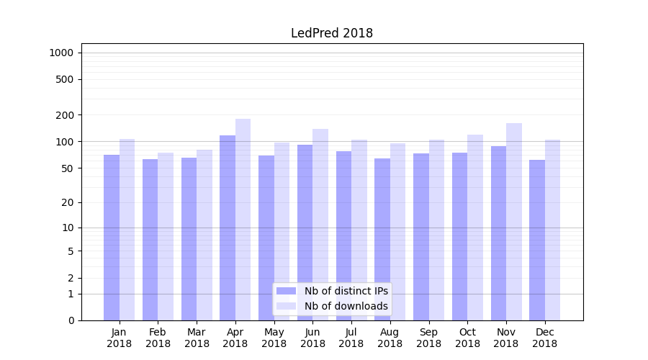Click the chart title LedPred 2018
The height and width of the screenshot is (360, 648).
(331, 33)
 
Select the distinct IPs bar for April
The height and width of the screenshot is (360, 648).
(228, 228)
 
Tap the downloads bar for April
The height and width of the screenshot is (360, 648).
(243, 220)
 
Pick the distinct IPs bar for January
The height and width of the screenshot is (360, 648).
(112, 238)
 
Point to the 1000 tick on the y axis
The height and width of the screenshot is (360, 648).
(61, 53)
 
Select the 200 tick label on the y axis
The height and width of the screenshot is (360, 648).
(65, 115)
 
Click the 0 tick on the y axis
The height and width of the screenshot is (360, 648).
(71, 320)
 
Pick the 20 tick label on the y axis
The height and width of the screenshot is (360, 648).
(68, 202)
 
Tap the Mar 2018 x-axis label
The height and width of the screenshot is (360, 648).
(197, 338)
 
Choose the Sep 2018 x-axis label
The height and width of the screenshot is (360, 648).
(428, 338)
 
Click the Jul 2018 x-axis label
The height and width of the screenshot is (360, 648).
(351, 338)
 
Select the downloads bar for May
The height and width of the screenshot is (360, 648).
(282, 231)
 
